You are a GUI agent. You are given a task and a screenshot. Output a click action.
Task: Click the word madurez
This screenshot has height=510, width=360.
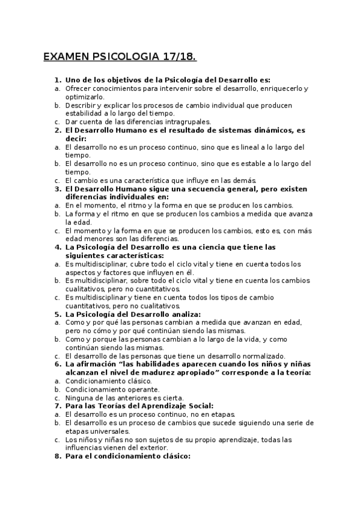tap(163, 372)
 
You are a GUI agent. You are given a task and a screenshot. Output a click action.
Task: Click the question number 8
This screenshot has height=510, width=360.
tap(58, 456)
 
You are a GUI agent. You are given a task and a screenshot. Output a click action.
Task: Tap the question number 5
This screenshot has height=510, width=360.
tap(58, 314)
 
